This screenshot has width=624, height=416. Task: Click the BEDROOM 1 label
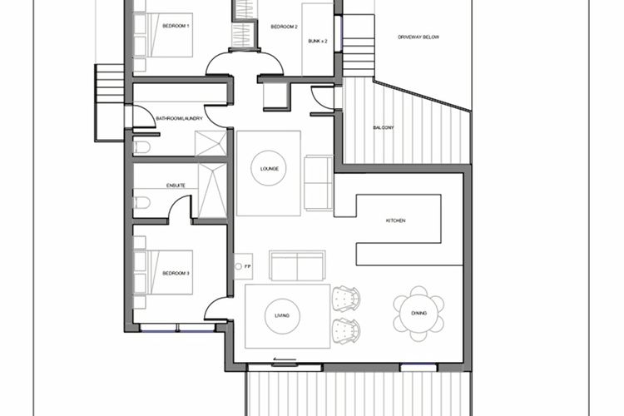(176, 26)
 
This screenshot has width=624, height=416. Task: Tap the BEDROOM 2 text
(285, 27)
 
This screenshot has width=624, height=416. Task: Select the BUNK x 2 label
(318, 41)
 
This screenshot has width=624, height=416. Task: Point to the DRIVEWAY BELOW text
(418, 37)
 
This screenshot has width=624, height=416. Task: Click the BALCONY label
(384, 128)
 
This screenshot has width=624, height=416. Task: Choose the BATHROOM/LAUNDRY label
(179, 119)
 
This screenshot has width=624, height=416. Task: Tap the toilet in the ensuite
(141, 203)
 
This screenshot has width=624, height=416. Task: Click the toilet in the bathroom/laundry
(141, 147)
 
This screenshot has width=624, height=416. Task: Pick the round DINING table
(418, 314)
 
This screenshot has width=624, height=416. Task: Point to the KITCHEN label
(395, 220)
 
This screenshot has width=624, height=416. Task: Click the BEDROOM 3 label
(176, 274)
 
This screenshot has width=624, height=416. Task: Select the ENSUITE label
(176, 186)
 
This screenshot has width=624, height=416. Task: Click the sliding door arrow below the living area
(285, 359)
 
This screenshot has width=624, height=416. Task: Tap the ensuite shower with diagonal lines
(212, 191)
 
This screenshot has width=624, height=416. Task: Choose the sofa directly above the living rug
(297, 266)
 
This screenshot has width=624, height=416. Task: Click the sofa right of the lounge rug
(319, 182)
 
